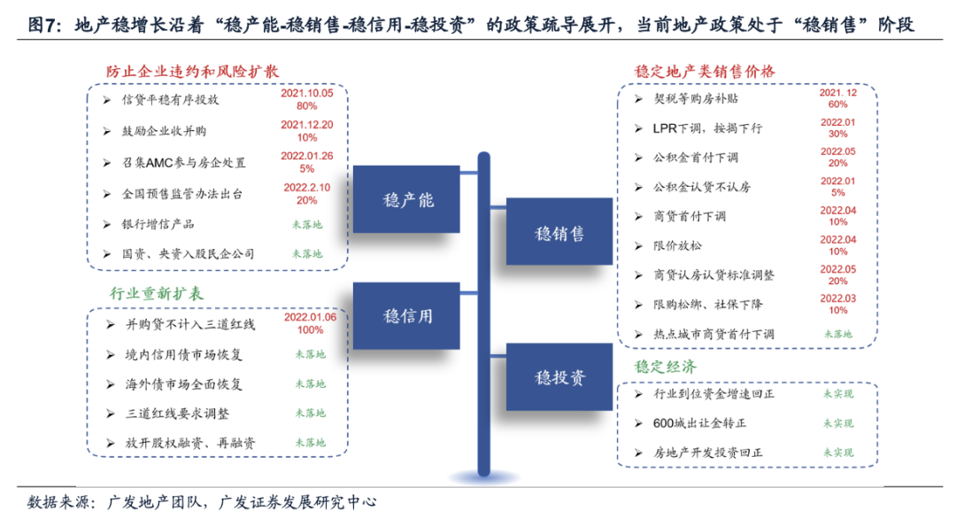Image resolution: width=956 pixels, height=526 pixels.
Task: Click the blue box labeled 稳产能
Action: tap(407, 198)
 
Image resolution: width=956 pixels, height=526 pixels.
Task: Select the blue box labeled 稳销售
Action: tap(559, 233)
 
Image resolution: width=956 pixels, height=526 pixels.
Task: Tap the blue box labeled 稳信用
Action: tap(407, 315)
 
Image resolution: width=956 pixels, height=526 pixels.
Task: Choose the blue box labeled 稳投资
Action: tap(559, 377)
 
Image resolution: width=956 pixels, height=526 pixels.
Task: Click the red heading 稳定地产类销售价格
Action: tap(705, 70)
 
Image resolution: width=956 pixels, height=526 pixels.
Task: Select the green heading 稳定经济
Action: tap(665, 366)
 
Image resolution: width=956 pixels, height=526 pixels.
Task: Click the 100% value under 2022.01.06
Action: tap(309, 329)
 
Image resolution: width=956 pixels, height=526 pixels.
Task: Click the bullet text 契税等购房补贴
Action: tap(695, 99)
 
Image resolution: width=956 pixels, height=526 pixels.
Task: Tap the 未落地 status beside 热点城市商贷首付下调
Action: tap(837, 334)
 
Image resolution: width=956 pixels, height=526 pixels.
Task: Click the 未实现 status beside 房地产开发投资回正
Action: tap(837, 452)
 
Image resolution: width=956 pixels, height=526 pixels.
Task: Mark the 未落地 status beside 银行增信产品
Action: tap(306, 224)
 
